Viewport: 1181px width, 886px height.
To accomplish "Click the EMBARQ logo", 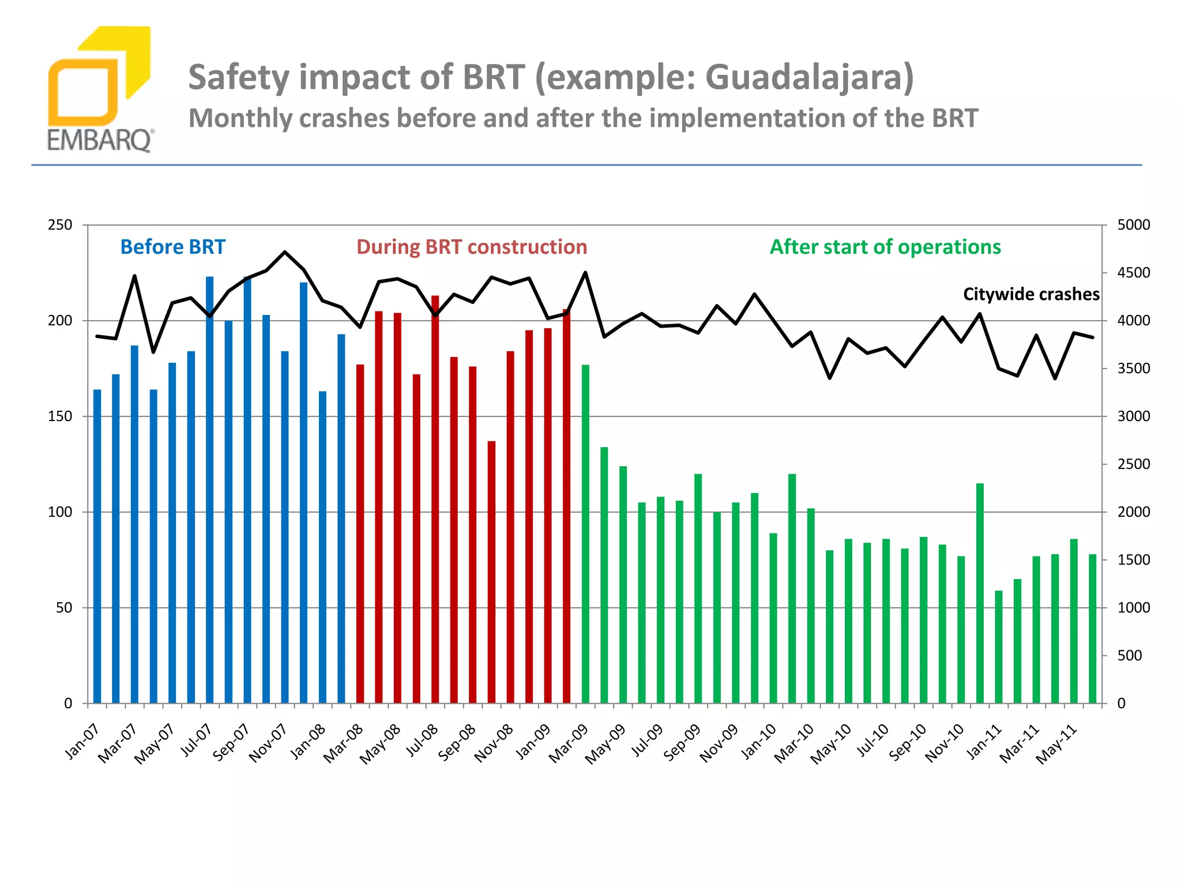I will (99, 90).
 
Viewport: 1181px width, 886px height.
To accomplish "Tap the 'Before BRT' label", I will (172, 247).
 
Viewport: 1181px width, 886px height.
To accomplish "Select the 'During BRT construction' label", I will (472, 247).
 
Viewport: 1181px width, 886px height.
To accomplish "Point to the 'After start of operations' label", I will (885, 247).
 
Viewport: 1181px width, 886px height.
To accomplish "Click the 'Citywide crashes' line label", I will (1031, 294).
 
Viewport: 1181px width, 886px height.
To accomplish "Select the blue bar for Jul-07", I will (210, 490).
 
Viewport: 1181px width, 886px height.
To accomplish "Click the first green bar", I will (585, 534).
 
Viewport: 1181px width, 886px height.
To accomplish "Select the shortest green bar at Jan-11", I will (999, 647).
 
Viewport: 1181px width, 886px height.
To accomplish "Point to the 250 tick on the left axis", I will (61, 225).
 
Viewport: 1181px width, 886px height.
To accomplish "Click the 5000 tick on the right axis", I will (1133, 225).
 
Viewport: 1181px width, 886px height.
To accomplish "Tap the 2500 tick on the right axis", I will (1133, 464).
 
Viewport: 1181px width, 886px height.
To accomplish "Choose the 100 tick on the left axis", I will (61, 512).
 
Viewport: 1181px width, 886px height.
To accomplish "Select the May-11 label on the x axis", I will (1057, 744).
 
